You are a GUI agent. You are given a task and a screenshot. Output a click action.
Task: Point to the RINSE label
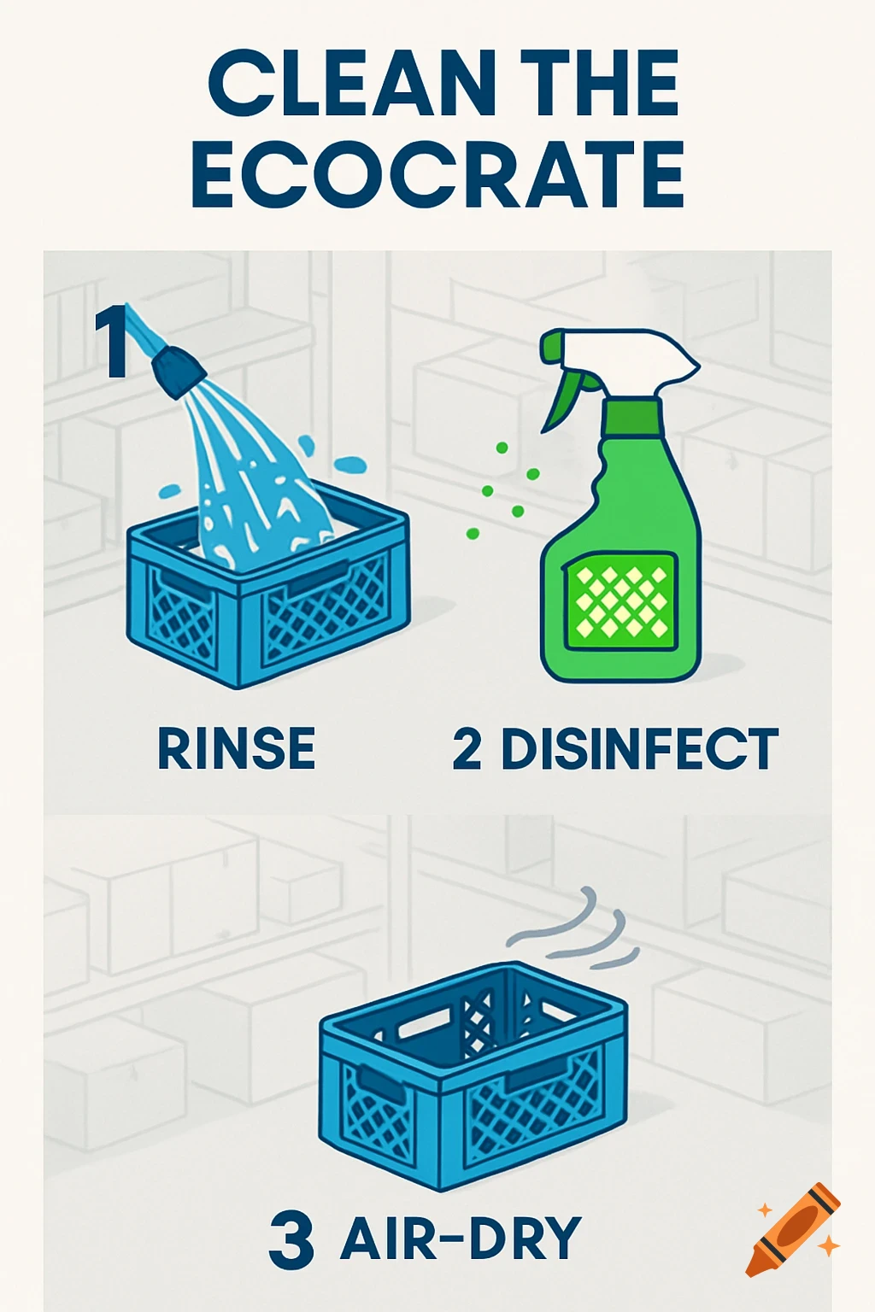tap(237, 749)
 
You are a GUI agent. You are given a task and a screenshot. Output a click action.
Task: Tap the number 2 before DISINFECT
tap(467, 749)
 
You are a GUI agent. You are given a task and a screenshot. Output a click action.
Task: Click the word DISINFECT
tap(639, 749)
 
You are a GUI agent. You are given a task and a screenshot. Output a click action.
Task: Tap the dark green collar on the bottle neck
tap(632, 416)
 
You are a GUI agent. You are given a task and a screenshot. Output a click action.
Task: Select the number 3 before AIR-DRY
tap(291, 1240)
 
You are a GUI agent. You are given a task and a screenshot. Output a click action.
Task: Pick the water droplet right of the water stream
tap(349, 466)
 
